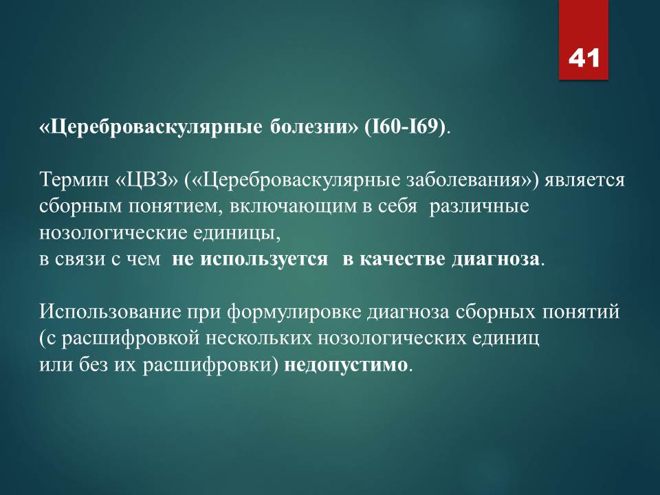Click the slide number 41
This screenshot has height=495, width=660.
click(x=584, y=58)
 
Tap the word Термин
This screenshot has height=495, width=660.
click(x=74, y=179)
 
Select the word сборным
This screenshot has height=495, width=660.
click(x=80, y=207)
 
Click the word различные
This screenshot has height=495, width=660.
click(x=479, y=208)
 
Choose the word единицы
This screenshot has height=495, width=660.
click(x=236, y=234)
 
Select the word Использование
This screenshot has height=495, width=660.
click(x=110, y=312)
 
